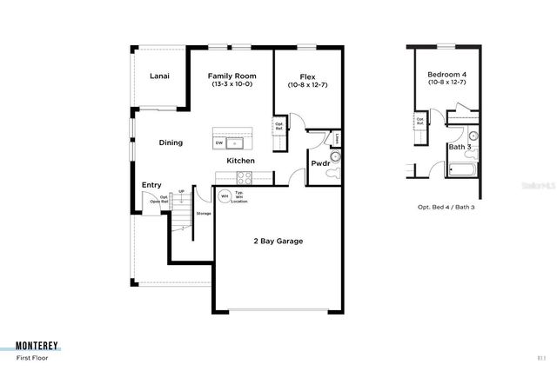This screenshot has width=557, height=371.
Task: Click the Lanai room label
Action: pyautogui.click(x=159, y=76)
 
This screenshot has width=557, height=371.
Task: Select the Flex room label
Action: pyautogui.click(x=307, y=76)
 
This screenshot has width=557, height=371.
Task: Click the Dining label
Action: pyautogui.click(x=171, y=142)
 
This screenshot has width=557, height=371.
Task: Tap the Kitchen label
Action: pyautogui.click(x=240, y=161)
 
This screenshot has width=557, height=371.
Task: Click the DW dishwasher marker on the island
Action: pyautogui.click(x=219, y=142)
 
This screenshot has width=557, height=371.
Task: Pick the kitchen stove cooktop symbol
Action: pyautogui.click(x=244, y=177)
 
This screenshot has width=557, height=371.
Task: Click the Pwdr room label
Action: pyautogui.click(x=319, y=163)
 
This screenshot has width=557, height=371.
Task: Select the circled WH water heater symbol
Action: pyautogui.click(x=225, y=195)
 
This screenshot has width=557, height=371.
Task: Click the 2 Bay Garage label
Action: pyautogui.click(x=278, y=241)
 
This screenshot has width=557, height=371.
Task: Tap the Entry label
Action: pyautogui.click(x=151, y=184)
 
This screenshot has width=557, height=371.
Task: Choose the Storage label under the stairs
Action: pyautogui.click(x=204, y=214)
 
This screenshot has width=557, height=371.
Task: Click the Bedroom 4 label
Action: pyautogui.click(x=446, y=76)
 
